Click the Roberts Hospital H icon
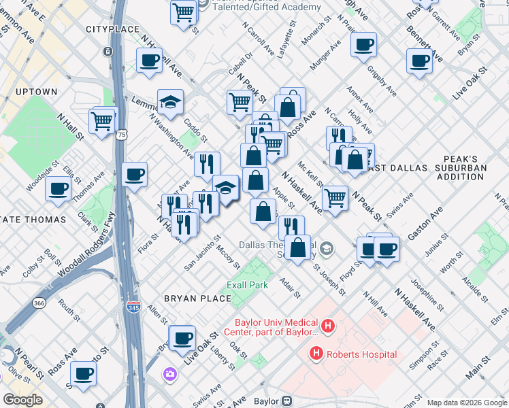tap(316, 354)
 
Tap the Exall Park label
tap(248, 285)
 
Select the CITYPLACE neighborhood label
tap(112, 30)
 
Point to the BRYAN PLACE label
tap(188, 299)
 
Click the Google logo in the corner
tap(22, 400)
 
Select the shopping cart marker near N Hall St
tap(101, 121)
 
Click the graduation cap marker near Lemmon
tap(170, 102)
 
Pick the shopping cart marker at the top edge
tap(184, 12)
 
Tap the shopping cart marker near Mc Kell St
tap(335, 197)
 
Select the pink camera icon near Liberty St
tap(169, 374)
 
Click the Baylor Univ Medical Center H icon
tap(327, 326)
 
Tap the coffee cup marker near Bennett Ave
tap(418, 60)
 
